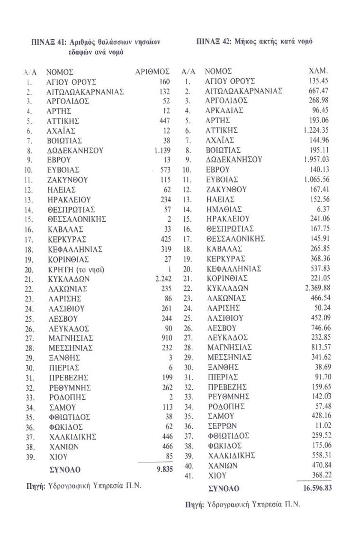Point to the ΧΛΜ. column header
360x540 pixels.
(x=318, y=71)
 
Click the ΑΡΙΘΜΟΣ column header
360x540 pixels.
(x=152, y=72)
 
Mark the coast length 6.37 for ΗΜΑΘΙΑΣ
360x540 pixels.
(x=323, y=209)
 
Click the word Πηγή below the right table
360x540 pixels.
(x=194, y=505)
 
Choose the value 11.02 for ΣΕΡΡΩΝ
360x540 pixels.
(x=321, y=425)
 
